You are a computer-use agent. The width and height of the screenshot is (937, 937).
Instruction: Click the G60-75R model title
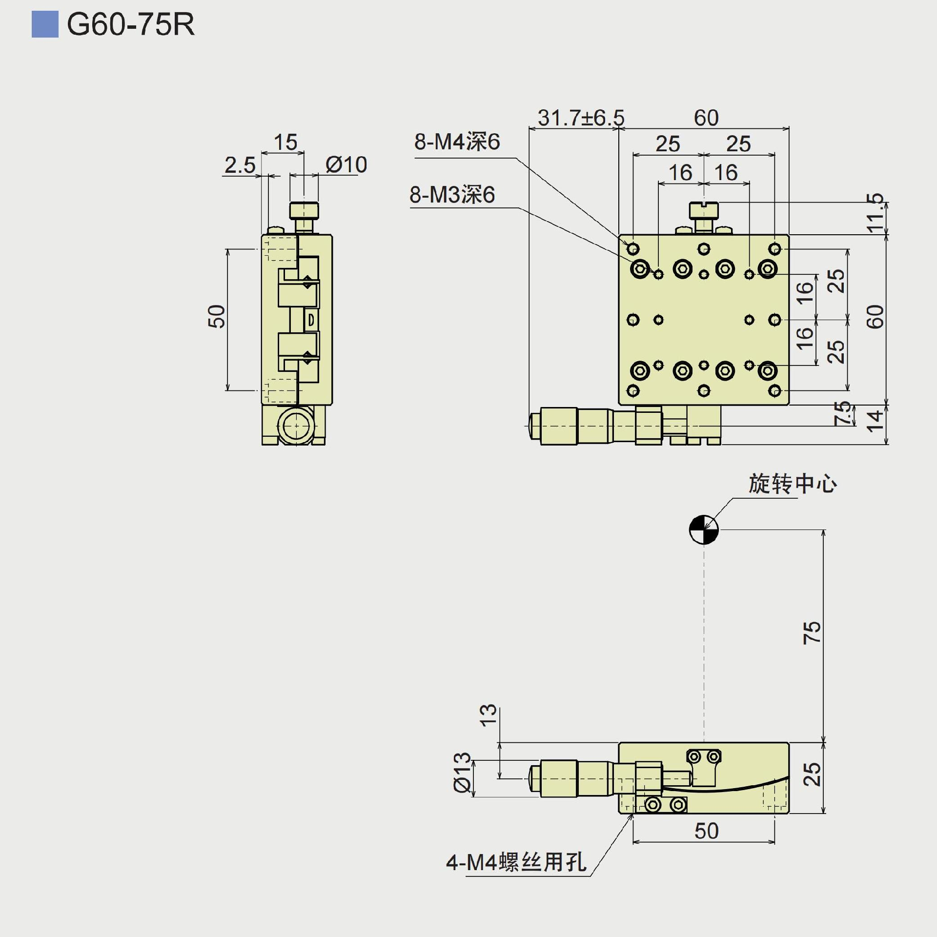pyautogui.click(x=130, y=24)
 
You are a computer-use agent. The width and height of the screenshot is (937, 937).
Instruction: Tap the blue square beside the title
pyautogui.click(x=45, y=24)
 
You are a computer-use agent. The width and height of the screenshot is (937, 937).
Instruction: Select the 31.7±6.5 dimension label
pyautogui.click(x=581, y=118)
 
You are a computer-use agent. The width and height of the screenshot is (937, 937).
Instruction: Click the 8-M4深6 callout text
pyautogui.click(x=457, y=142)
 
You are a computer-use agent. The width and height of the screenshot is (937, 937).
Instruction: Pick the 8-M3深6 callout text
pyautogui.click(x=452, y=194)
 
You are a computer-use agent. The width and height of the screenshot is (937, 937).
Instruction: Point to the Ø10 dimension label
pyautogui.click(x=346, y=164)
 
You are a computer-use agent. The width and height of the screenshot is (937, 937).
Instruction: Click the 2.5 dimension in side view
pyautogui.click(x=240, y=165)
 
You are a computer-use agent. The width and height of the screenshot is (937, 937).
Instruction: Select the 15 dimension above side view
pyautogui.click(x=285, y=142)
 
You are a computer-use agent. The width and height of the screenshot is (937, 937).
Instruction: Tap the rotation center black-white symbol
pyautogui.click(x=704, y=530)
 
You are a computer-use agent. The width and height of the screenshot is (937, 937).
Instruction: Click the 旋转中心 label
pyautogui.click(x=793, y=484)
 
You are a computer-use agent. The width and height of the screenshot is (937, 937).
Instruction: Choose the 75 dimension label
pyautogui.click(x=812, y=632)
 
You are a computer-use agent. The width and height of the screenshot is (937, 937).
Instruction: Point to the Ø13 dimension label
pyautogui.click(x=462, y=772)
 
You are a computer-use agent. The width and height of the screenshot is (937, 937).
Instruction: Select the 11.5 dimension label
pyautogui.click(x=875, y=213)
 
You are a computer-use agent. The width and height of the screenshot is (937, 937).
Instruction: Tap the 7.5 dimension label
pyautogui.click(x=843, y=413)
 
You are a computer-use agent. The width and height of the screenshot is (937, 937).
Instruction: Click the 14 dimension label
pyautogui.click(x=875, y=421)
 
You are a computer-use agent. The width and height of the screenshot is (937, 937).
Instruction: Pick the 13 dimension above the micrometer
pyautogui.click(x=488, y=715)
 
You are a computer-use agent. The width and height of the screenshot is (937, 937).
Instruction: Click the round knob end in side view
pyautogui.click(x=296, y=426)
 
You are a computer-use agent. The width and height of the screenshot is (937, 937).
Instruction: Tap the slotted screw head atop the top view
pyautogui.click(x=704, y=210)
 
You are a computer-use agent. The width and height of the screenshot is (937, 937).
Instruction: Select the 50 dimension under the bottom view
pyautogui.click(x=706, y=831)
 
